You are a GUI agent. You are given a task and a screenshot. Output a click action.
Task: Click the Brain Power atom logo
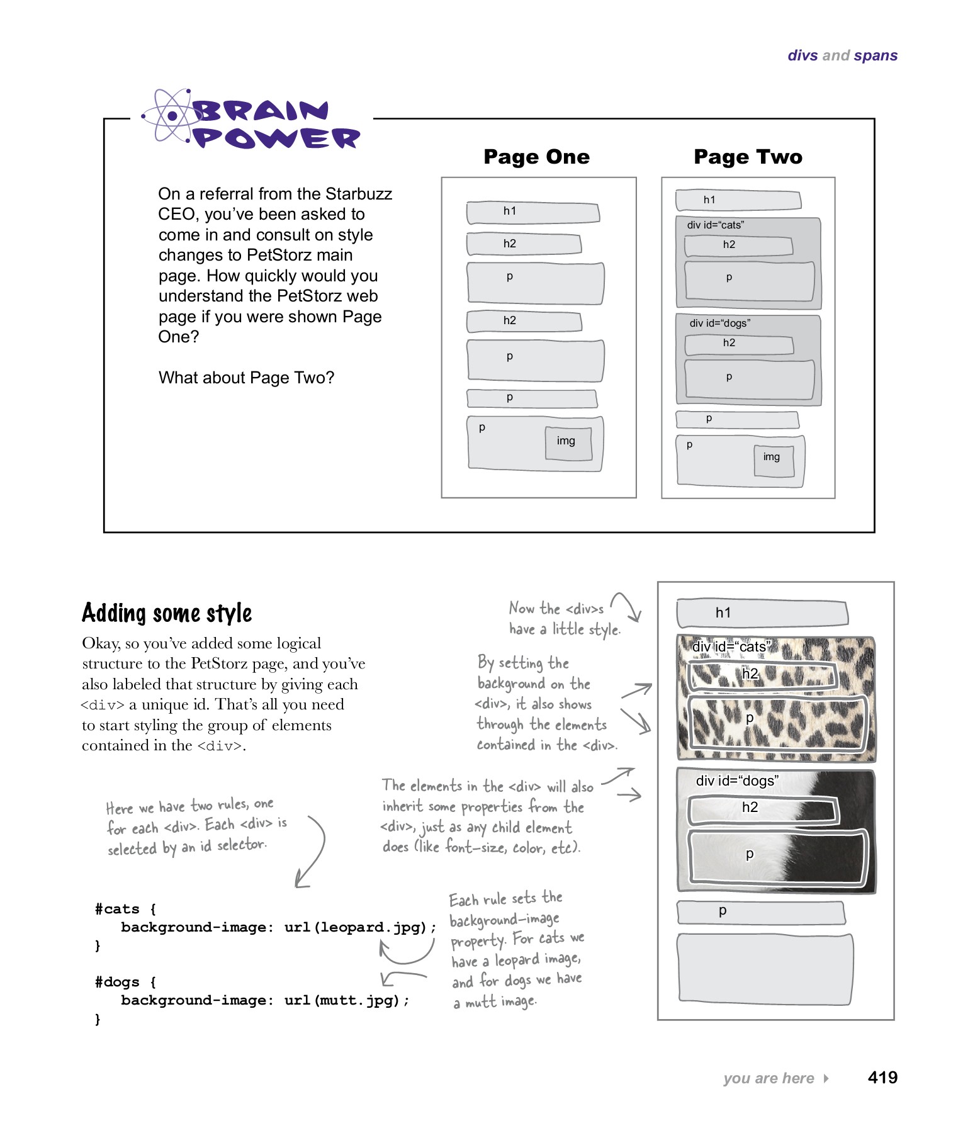pyautogui.click(x=169, y=116)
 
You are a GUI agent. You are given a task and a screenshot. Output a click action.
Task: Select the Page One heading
pyautogui.click(x=536, y=157)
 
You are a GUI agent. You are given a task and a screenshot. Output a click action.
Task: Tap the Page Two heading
pyautogui.click(x=748, y=157)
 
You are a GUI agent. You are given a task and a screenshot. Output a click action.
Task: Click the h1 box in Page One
pyautogui.click(x=532, y=212)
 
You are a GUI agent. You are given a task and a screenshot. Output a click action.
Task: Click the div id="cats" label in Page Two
pyautogui.click(x=715, y=225)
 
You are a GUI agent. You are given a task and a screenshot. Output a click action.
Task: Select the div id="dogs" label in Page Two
pyautogui.click(x=719, y=323)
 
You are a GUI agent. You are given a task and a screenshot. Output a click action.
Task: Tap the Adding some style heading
pyautogui.click(x=167, y=613)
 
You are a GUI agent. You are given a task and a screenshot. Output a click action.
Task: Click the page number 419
pyautogui.click(x=882, y=1078)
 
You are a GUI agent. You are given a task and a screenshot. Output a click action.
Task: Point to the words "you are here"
pyautogui.click(x=769, y=1078)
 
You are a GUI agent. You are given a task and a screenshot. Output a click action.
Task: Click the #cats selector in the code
pyautogui.click(x=117, y=909)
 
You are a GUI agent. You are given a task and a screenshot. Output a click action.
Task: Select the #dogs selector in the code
pyautogui.click(x=117, y=982)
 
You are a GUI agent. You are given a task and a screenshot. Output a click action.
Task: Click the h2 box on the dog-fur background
pyautogui.click(x=762, y=809)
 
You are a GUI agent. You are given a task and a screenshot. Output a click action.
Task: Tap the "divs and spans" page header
pyautogui.click(x=842, y=55)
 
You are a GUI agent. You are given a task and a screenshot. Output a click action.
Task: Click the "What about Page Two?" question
pyautogui.click(x=246, y=378)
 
